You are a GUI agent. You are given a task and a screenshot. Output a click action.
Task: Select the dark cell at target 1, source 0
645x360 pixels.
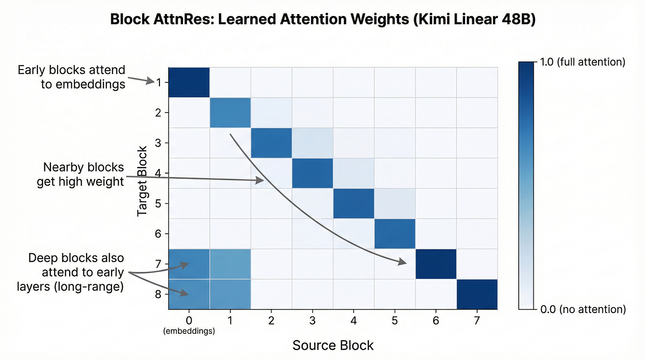(x=189, y=82)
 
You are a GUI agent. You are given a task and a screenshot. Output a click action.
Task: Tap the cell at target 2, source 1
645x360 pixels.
(x=230, y=112)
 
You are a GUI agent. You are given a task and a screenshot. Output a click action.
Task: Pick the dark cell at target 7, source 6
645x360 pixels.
(x=436, y=264)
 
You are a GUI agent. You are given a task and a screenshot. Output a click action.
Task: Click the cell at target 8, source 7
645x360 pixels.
(x=477, y=294)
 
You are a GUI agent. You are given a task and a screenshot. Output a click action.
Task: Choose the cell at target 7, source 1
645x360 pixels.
(x=230, y=264)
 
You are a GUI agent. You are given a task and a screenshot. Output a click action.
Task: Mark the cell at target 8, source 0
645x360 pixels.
(x=189, y=294)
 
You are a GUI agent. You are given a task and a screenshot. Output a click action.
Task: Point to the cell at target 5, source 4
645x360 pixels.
(x=354, y=203)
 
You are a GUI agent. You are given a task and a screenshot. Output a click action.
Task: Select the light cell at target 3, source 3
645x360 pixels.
(x=312, y=143)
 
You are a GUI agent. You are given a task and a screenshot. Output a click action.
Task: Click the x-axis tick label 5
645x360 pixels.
(x=395, y=320)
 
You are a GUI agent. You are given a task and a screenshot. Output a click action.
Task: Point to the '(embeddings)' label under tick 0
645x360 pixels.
(x=189, y=331)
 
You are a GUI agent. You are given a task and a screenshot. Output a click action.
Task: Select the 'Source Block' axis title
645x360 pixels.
(x=333, y=345)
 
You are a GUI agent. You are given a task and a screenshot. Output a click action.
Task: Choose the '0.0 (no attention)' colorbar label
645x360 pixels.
(x=583, y=309)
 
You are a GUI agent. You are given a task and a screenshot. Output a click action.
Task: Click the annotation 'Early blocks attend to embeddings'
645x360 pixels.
(x=72, y=77)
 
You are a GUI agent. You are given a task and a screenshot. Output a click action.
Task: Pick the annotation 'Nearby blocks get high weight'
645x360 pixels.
(x=81, y=174)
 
